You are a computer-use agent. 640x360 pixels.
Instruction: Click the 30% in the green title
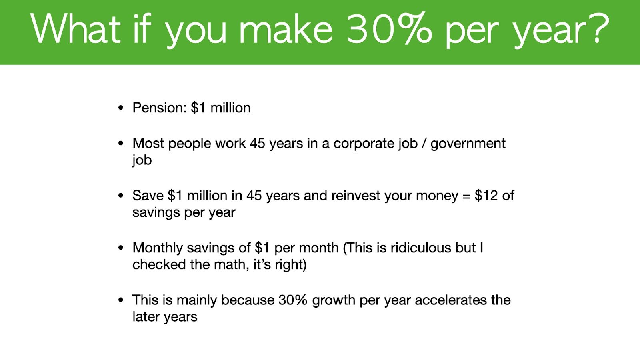(390, 28)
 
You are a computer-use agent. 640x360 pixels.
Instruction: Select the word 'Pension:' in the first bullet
(160, 108)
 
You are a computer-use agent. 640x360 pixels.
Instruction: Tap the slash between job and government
(424, 144)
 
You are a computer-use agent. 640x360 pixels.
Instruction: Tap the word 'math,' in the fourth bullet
(232, 265)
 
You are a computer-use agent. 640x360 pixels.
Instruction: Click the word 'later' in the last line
(146, 317)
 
